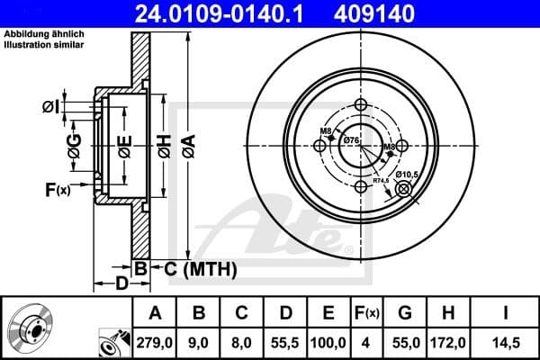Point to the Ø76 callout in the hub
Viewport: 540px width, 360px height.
click(x=353, y=139)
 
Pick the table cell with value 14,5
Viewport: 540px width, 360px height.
click(x=507, y=342)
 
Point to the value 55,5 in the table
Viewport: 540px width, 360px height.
click(x=285, y=342)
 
